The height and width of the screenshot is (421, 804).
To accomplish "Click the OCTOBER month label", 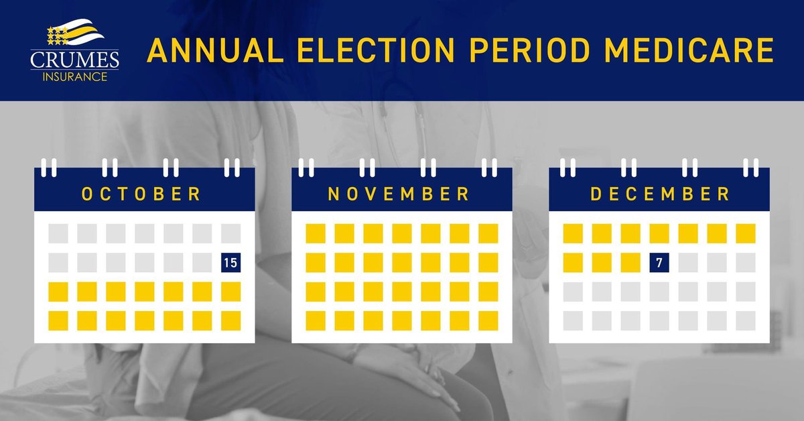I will click(141, 194).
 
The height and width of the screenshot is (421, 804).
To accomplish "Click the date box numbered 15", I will click(230, 263).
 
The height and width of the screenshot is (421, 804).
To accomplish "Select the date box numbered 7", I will click(659, 263).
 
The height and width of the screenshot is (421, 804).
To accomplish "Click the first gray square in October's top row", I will click(58, 233).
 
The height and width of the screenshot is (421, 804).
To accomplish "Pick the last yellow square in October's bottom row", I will click(230, 320).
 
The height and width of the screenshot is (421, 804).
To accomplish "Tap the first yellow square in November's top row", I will click(316, 233).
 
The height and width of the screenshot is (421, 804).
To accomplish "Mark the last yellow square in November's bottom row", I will click(488, 320).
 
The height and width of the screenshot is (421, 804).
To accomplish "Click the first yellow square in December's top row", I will click(573, 233).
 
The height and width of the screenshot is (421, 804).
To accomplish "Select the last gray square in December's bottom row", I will click(746, 320).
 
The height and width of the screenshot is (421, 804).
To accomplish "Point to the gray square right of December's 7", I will click(688, 263).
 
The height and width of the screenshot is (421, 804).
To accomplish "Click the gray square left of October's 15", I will click(202, 263).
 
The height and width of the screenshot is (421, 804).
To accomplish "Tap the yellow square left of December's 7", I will click(630, 263).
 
